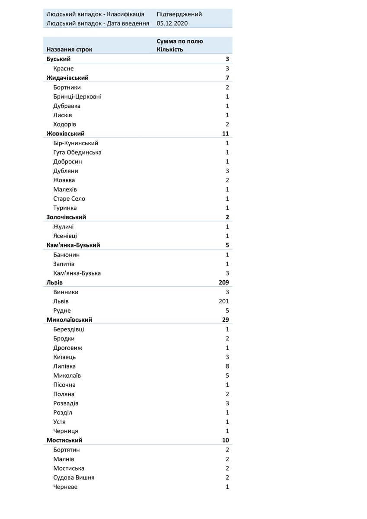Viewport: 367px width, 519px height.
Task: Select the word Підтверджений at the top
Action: (x=179, y=14)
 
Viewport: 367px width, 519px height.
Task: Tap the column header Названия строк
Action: (x=69, y=49)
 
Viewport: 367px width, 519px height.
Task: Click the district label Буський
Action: (x=58, y=59)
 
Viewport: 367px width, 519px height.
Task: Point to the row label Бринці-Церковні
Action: (x=77, y=96)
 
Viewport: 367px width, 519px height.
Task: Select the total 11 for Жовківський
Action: (x=225, y=134)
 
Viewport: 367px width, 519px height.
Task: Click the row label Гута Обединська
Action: (x=77, y=152)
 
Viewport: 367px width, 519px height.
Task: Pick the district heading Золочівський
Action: (x=66, y=217)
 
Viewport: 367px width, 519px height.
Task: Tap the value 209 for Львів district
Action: (x=223, y=282)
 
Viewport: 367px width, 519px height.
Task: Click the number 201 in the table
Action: (x=224, y=301)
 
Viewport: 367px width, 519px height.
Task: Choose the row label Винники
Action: (x=66, y=292)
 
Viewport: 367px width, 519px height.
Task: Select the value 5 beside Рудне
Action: (x=227, y=311)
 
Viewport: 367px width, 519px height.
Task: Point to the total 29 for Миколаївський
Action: (x=225, y=320)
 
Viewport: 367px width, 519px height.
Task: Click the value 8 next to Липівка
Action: (x=227, y=366)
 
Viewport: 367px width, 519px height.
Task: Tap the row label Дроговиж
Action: (x=68, y=348)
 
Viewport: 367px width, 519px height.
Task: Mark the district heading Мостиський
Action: (x=64, y=440)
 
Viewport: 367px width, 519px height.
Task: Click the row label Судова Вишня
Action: (x=74, y=477)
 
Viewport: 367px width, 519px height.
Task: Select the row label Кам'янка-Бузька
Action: (x=77, y=273)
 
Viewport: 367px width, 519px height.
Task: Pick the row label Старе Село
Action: (x=69, y=199)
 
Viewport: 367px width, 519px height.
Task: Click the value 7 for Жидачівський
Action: (x=227, y=78)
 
